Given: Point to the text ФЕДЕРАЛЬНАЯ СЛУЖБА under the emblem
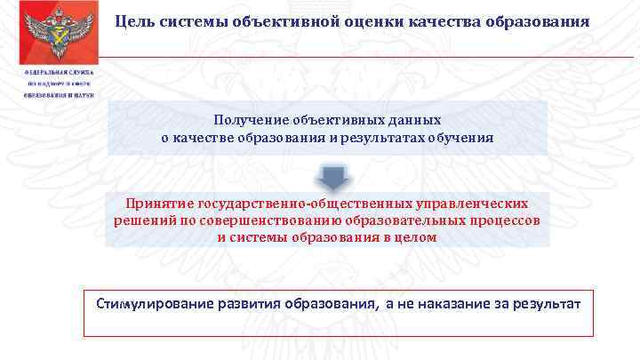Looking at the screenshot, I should tap(52, 71).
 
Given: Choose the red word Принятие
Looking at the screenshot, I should tap(158, 204).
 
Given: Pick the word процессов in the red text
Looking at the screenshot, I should tap(506, 220).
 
